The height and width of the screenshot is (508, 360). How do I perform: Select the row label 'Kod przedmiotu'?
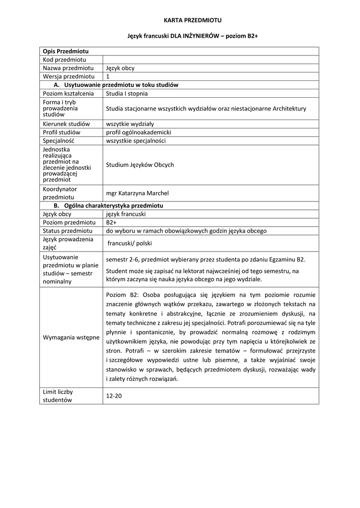(x=65, y=60)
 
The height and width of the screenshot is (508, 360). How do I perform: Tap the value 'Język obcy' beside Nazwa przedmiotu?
(x=120, y=68)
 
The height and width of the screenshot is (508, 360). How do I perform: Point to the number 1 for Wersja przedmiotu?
(x=108, y=76)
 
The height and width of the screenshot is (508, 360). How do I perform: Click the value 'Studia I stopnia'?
(x=127, y=93)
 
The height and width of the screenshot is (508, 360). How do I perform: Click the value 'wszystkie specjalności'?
(x=136, y=140)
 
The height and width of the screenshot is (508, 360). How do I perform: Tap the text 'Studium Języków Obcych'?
(x=140, y=165)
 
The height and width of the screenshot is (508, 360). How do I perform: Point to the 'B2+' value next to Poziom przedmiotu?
(x=111, y=223)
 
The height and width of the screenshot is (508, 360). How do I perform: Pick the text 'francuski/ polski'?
(x=130, y=244)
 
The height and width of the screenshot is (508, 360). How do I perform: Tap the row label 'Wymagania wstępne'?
(x=71, y=337)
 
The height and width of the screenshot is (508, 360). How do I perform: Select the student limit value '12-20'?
(x=114, y=396)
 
